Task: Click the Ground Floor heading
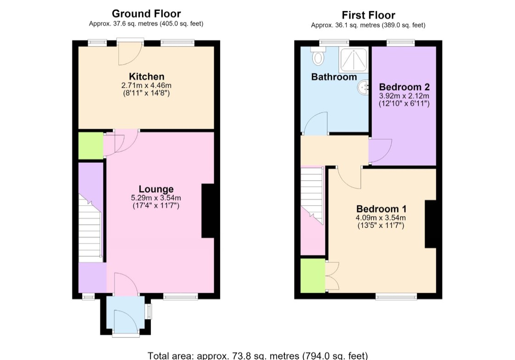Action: [146, 14]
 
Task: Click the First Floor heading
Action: [368, 15]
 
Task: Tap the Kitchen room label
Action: [146, 77]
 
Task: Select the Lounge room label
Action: [156, 189]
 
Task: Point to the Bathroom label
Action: [334, 77]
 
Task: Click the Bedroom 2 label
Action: [404, 87]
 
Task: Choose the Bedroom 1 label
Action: [382, 209]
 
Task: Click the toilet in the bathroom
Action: [318, 55]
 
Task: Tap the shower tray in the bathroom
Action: [354, 60]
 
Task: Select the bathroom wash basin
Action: [363, 88]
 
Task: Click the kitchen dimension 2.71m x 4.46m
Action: [146, 85]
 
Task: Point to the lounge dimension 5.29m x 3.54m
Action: [156, 198]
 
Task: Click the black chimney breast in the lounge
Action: [208, 210]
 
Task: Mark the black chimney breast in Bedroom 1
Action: [431, 224]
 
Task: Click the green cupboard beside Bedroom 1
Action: [313, 275]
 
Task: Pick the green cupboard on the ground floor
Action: [91, 146]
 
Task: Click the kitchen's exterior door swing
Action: [130, 53]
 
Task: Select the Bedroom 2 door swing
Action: [380, 151]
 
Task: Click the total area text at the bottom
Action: [258, 356]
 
